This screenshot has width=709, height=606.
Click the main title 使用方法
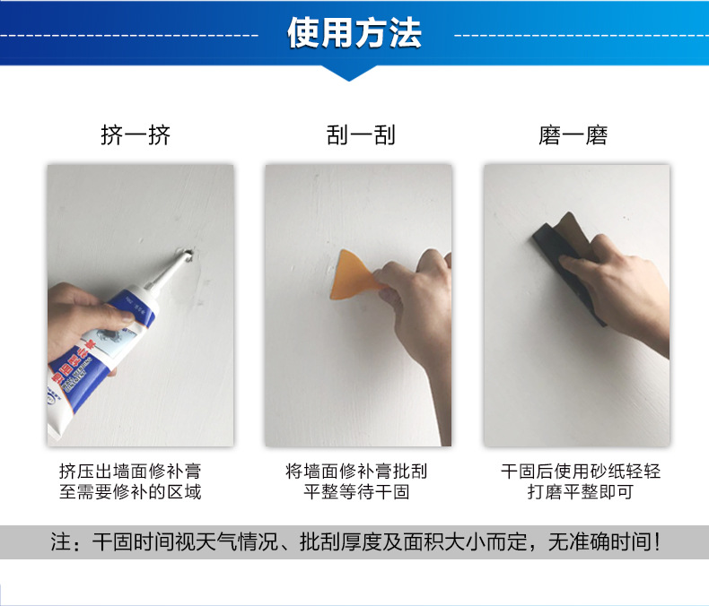(x=354, y=33)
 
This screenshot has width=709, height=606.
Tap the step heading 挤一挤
(x=136, y=135)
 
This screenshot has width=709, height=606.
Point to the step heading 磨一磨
(x=573, y=135)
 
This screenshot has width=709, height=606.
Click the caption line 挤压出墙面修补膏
(x=130, y=472)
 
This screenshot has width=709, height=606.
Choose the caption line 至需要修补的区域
(x=130, y=492)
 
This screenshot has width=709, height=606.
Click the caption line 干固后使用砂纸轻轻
(x=581, y=472)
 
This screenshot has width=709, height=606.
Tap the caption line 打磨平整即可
(x=581, y=492)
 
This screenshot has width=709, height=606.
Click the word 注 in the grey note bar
(x=61, y=542)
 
